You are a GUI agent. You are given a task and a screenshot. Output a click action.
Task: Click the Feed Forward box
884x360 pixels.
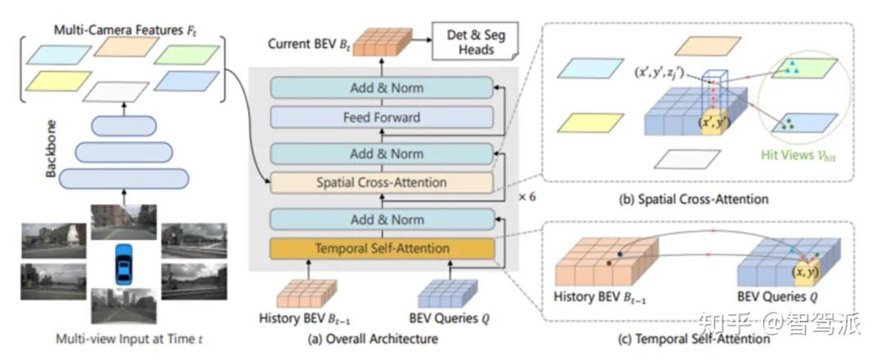381,118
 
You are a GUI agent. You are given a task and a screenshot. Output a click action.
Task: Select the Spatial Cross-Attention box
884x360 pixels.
381,182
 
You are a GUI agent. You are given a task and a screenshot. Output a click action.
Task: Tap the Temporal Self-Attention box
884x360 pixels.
381,249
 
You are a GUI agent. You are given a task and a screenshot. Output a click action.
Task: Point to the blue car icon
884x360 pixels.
123,264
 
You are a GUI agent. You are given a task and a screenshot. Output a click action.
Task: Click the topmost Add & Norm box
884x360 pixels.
381,88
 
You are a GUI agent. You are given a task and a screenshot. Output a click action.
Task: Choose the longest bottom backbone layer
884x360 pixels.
124,178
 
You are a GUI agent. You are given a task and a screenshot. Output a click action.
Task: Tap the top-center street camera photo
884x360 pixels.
124,222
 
